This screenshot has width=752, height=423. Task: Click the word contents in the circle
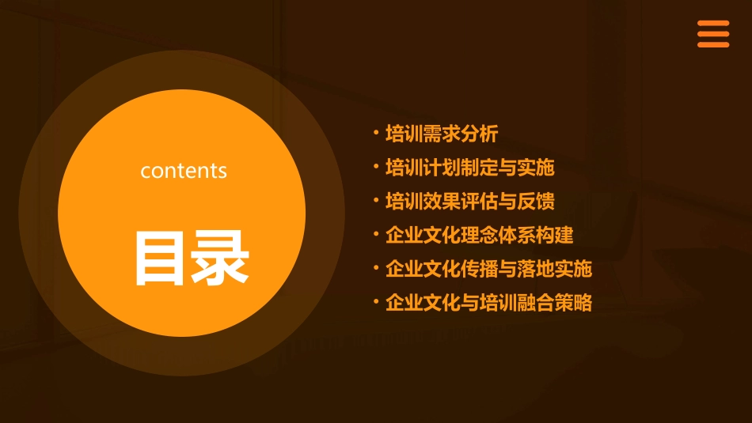(184, 171)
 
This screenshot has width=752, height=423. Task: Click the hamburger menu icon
(713, 35)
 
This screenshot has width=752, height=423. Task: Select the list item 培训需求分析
(442, 134)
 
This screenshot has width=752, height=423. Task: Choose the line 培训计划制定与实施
(469, 168)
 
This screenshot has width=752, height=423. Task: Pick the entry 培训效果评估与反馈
(469, 202)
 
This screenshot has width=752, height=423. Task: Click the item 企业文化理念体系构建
(479, 236)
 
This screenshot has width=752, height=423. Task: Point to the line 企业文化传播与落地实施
(488, 269)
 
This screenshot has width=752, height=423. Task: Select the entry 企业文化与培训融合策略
(488, 303)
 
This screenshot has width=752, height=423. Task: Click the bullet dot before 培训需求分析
(377, 133)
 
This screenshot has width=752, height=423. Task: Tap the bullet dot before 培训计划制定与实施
(377, 166)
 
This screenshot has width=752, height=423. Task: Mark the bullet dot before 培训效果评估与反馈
(377, 200)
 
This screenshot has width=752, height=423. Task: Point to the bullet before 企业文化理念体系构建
(377, 234)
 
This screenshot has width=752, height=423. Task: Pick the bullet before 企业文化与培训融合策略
(377, 301)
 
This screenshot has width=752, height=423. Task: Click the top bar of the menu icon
(713, 24)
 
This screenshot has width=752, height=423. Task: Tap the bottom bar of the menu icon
(713, 45)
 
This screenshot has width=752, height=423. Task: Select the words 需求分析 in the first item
(461, 134)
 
